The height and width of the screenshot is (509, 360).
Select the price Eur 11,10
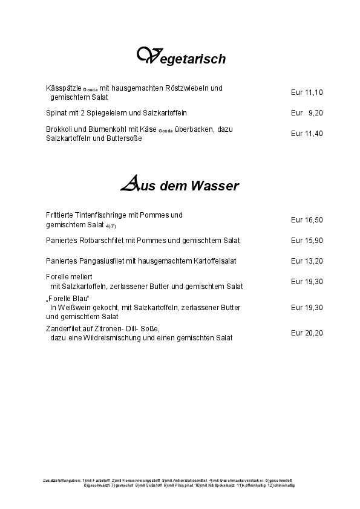[x=307, y=92]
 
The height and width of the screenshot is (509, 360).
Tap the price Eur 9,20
[x=307, y=113]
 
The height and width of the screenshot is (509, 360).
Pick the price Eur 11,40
[x=307, y=134]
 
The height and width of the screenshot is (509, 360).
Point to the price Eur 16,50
[x=307, y=220]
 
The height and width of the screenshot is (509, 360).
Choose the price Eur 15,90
[x=307, y=241]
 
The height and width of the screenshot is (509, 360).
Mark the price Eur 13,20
[x=307, y=261]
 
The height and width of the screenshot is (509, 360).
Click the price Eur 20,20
[x=307, y=332]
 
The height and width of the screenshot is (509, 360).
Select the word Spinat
[x=56, y=113]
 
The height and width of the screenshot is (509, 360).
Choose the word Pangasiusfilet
[x=102, y=261]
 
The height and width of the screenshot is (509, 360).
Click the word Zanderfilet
[x=64, y=328]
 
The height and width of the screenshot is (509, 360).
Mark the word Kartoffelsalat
[x=214, y=261]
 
